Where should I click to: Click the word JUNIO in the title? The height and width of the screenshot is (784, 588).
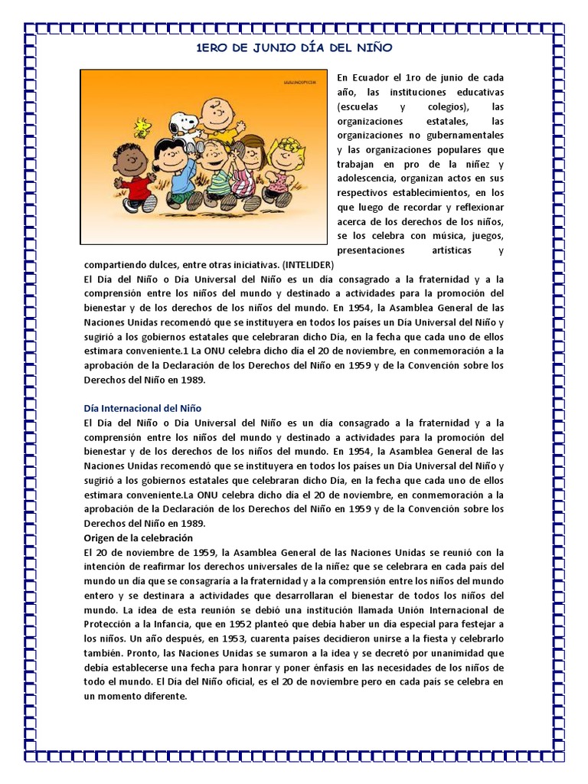coord(286,47)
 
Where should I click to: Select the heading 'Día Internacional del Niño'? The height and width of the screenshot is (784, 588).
coord(142,408)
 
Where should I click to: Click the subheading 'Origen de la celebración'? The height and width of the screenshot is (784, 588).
coord(138,537)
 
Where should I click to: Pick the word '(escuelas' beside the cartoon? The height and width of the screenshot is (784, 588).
coord(361,106)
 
